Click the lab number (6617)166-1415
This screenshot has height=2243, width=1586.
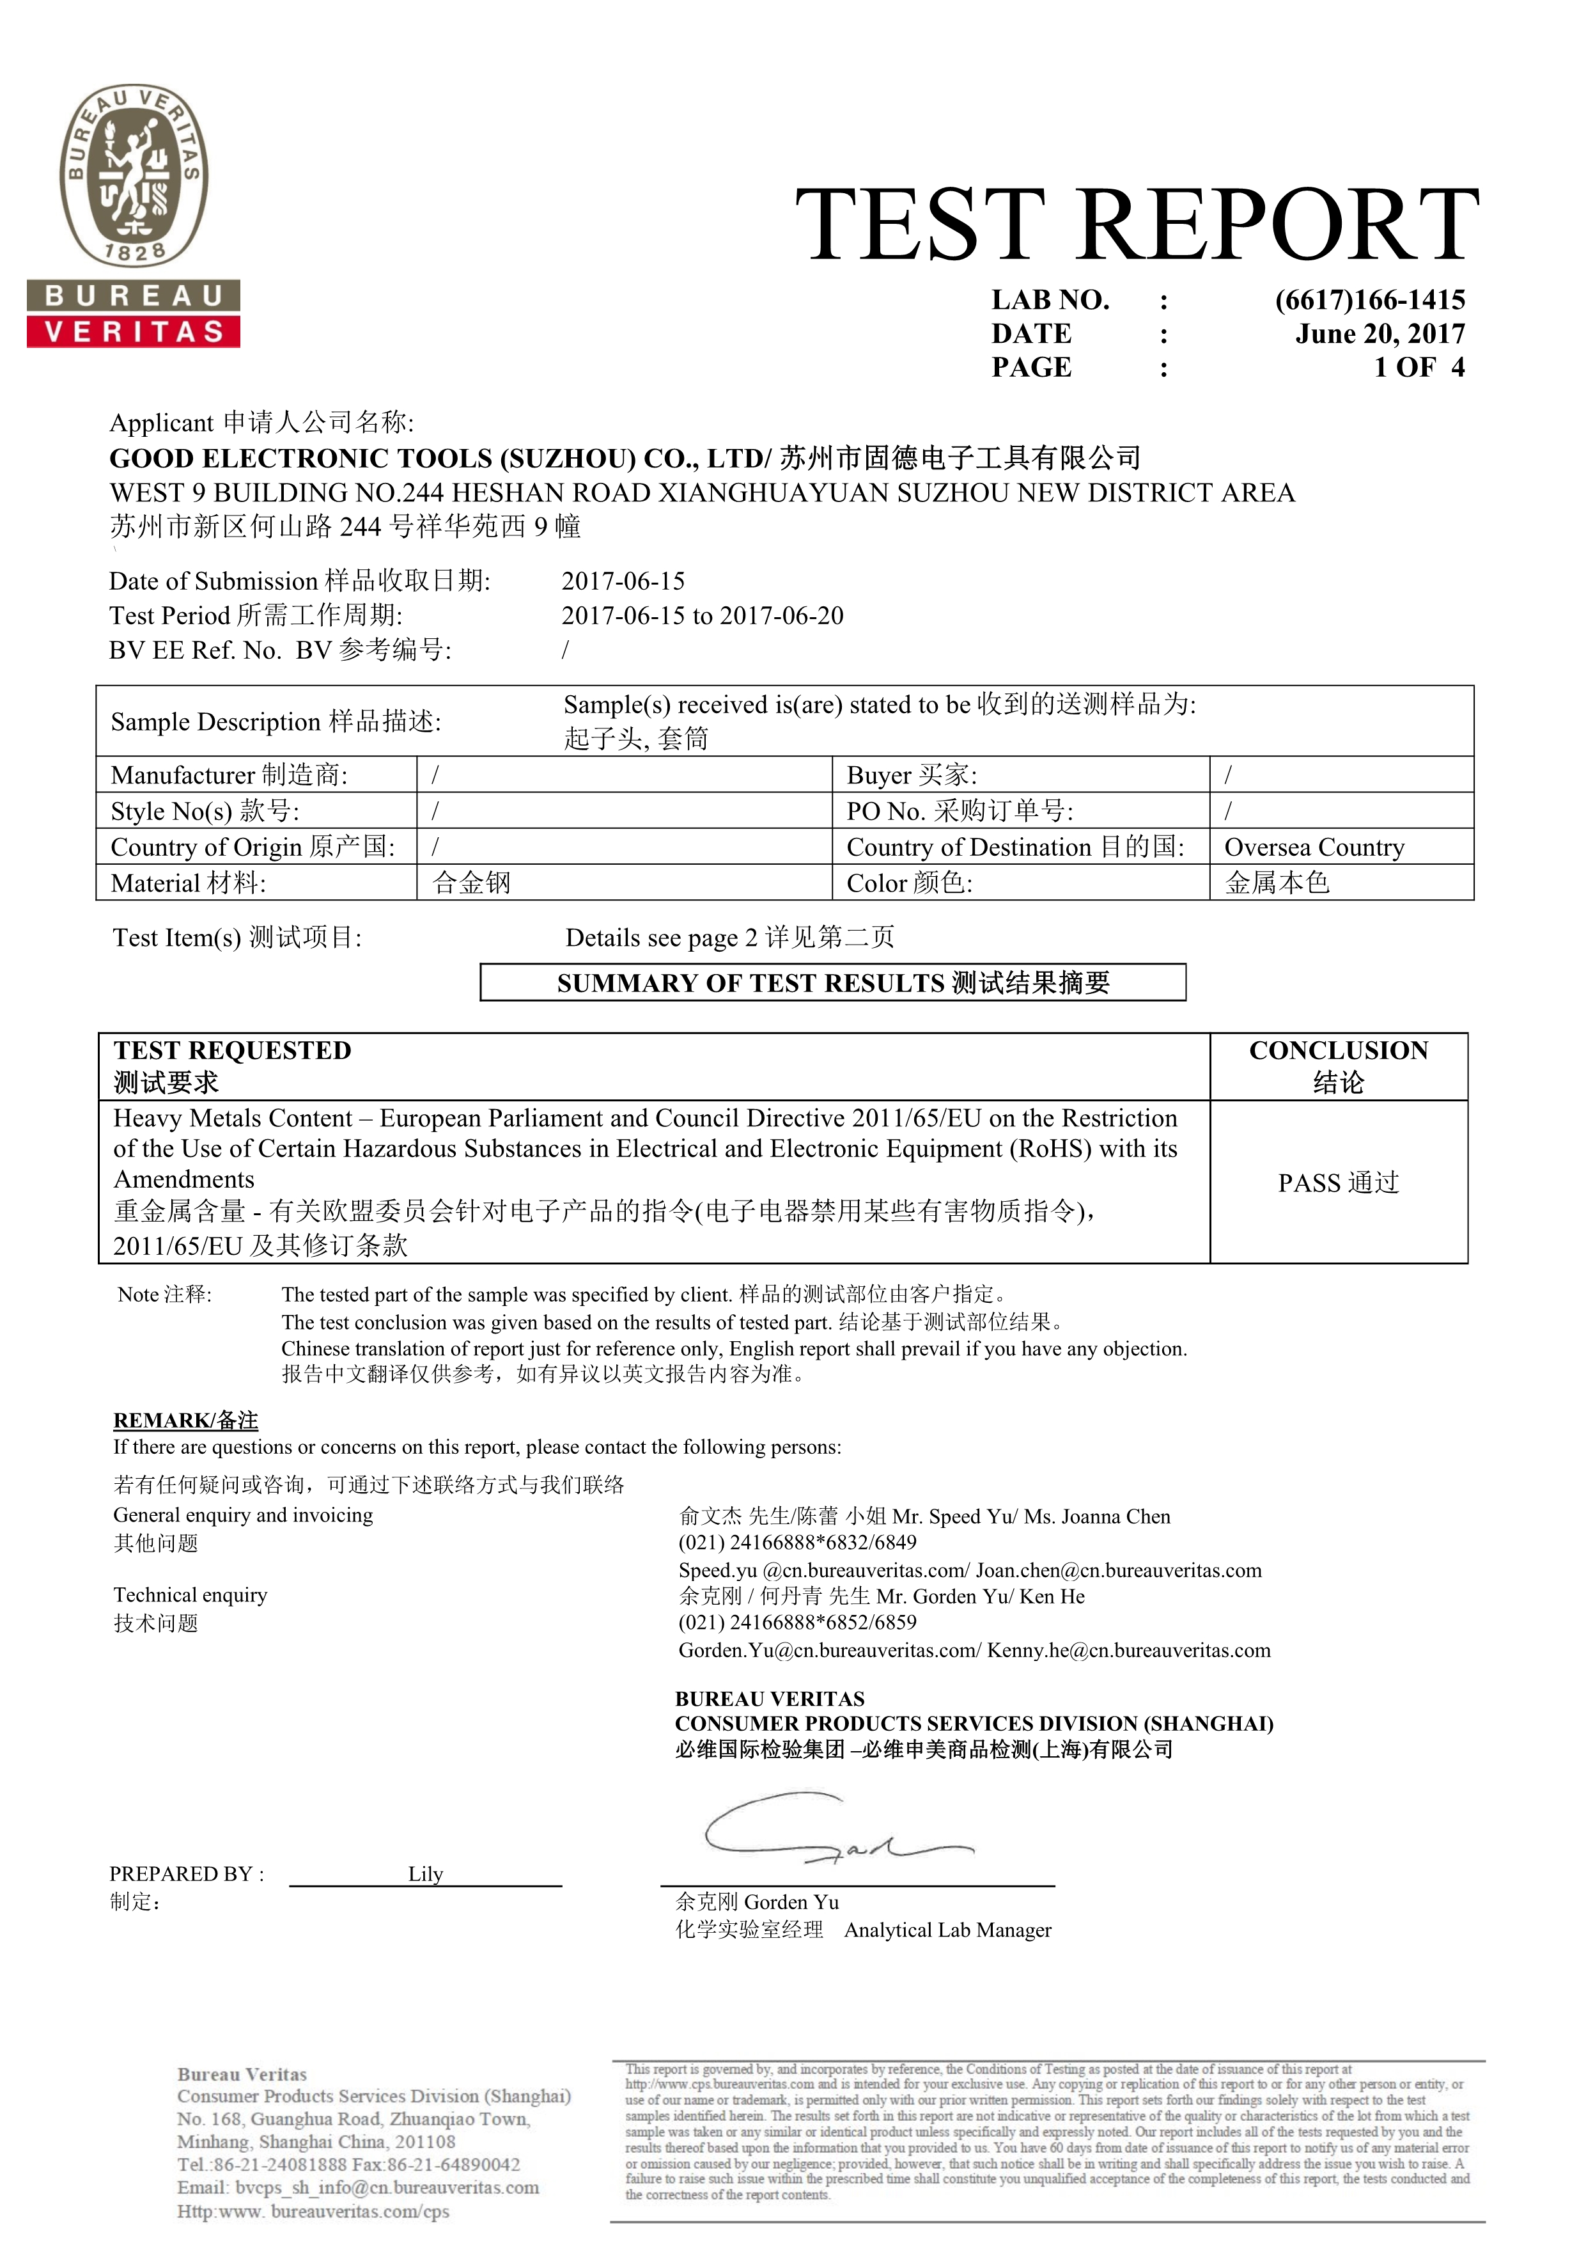click(1369, 300)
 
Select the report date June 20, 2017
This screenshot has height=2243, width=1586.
click(1380, 334)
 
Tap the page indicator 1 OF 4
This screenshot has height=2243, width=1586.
click(1419, 367)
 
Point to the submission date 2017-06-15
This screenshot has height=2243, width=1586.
click(623, 581)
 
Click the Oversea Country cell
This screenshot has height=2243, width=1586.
click(1314, 847)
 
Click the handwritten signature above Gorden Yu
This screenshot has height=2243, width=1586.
click(830, 1830)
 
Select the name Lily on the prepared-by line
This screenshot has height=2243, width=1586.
click(426, 1874)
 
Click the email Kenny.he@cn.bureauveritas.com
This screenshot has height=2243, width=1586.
click(1129, 1650)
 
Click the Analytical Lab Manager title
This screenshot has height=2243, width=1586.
click(947, 1930)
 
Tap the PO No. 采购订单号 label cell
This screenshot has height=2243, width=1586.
click(960, 811)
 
